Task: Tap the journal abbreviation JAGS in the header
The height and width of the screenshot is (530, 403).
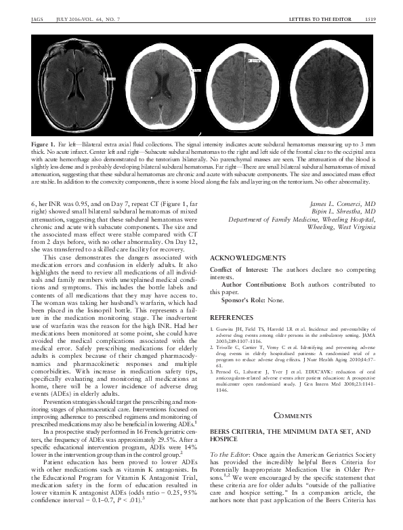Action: pyautogui.click(x=38, y=20)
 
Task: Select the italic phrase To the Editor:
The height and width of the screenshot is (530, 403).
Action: pyautogui.click(x=230, y=451)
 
